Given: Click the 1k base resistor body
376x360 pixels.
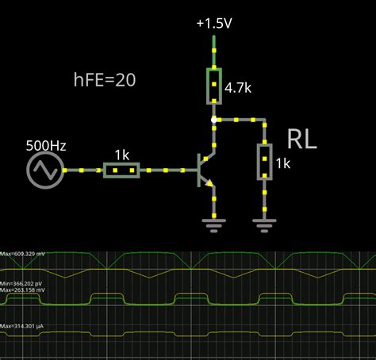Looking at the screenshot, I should pyautogui.click(x=121, y=170).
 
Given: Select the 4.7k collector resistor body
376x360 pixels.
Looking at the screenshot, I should pyautogui.click(x=213, y=86).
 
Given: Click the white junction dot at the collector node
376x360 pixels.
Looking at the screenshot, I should pyautogui.click(x=213, y=121).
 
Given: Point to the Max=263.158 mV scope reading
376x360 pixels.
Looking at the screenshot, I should pyautogui.click(x=28, y=290).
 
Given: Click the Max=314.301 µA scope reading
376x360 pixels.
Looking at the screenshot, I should pyautogui.click(x=27, y=327).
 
